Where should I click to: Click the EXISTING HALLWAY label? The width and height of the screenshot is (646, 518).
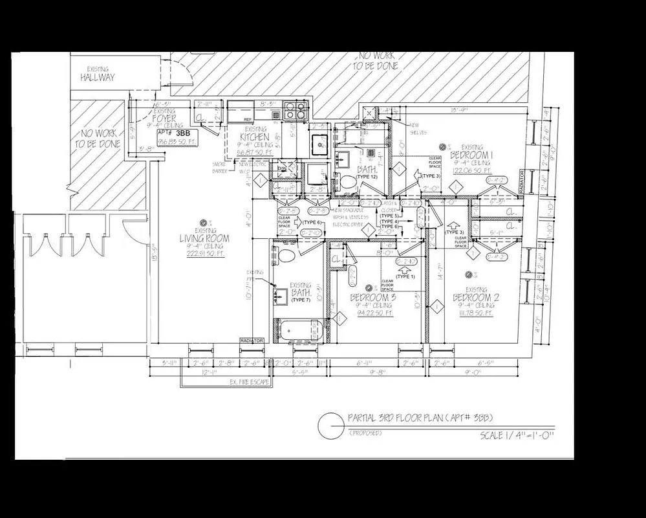[x=98, y=73]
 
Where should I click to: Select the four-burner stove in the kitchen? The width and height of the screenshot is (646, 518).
[x=295, y=111]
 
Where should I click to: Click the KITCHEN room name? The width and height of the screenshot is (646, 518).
[x=254, y=137]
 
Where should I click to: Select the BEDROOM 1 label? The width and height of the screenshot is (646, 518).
[x=471, y=155]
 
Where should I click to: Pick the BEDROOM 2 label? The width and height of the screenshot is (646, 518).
[x=476, y=297]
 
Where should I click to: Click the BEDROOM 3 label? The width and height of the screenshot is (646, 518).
[x=372, y=297]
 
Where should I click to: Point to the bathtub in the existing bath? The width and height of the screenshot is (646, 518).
[x=297, y=331]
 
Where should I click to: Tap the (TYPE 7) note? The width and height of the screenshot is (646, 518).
[x=301, y=300]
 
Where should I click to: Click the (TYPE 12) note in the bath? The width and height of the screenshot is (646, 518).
[x=366, y=177]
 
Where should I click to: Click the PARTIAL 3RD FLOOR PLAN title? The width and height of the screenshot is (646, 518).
[x=424, y=418]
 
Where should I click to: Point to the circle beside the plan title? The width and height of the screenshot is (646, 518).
[x=330, y=425]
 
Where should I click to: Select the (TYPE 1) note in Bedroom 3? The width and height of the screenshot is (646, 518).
[x=405, y=276]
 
